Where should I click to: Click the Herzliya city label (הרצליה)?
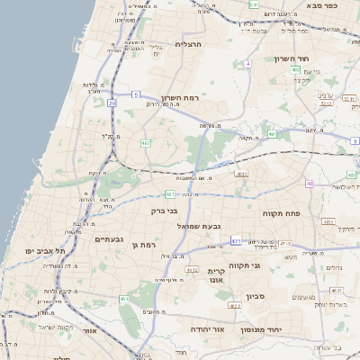click(x=191, y=43)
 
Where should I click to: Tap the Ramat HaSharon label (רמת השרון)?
click(x=179, y=97)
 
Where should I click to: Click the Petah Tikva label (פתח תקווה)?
click(x=279, y=213)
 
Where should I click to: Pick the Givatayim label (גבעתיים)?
click(x=108, y=239)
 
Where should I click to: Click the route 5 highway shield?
click(x=135, y=94)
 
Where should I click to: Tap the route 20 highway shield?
click(x=112, y=103)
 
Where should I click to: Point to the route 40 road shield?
click(x=309, y=184)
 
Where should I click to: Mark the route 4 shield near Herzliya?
click(x=247, y=64)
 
